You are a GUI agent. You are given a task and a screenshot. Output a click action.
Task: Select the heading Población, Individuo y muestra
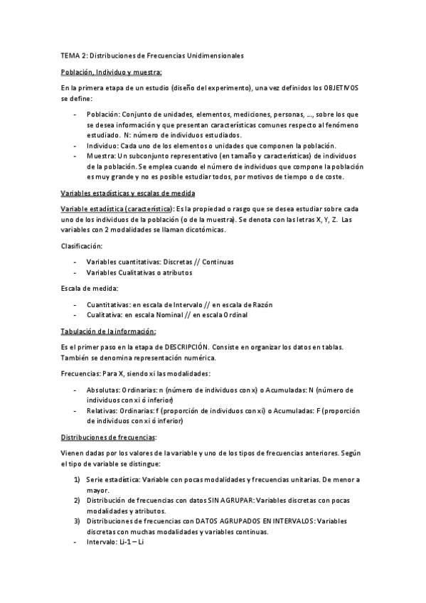111,71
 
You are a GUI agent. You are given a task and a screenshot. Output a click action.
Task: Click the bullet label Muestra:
100,156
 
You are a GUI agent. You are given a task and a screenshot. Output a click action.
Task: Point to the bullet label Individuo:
103,146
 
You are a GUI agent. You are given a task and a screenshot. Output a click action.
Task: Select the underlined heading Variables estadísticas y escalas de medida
128,194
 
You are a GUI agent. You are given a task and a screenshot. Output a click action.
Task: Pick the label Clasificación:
82,246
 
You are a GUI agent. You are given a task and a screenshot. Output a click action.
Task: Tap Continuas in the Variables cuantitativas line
217,262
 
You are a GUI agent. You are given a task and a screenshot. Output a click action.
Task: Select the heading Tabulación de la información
108,331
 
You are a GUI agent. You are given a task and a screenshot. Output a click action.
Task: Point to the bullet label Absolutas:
104,390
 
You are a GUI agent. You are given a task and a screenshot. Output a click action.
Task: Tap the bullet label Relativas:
102,411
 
